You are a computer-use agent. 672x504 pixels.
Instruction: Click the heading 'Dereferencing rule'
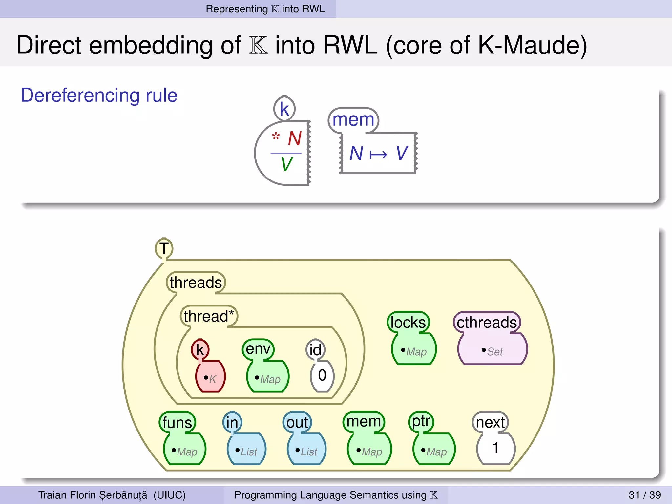coord(99,95)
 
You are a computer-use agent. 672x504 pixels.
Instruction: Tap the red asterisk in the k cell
coord(276,136)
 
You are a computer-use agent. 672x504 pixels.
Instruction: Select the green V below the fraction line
coord(286,164)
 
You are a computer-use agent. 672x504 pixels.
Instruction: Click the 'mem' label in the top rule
coord(353,120)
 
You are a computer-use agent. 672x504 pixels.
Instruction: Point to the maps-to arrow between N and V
coord(378,154)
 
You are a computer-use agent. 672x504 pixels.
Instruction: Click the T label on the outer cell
coord(164,248)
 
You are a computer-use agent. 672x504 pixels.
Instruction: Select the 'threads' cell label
coord(196,283)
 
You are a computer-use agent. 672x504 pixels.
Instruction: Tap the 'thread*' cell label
coord(209,316)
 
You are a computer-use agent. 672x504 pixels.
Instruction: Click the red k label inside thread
coord(200,350)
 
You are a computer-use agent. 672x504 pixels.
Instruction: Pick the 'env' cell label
coord(258,349)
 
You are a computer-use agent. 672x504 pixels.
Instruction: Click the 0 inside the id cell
coord(322,375)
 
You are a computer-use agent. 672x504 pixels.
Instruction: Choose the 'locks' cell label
coord(408,322)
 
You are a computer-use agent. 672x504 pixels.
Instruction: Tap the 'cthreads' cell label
coord(487,322)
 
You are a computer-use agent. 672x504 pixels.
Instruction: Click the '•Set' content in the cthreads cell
coord(492,351)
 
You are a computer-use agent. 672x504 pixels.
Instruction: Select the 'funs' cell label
coord(177,422)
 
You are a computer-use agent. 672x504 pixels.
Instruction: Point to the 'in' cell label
coord(232,422)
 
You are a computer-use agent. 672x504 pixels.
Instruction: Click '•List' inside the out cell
coord(306,451)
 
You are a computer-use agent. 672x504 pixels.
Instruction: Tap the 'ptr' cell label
coord(421,421)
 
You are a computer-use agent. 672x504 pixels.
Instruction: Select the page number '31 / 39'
coord(644,495)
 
